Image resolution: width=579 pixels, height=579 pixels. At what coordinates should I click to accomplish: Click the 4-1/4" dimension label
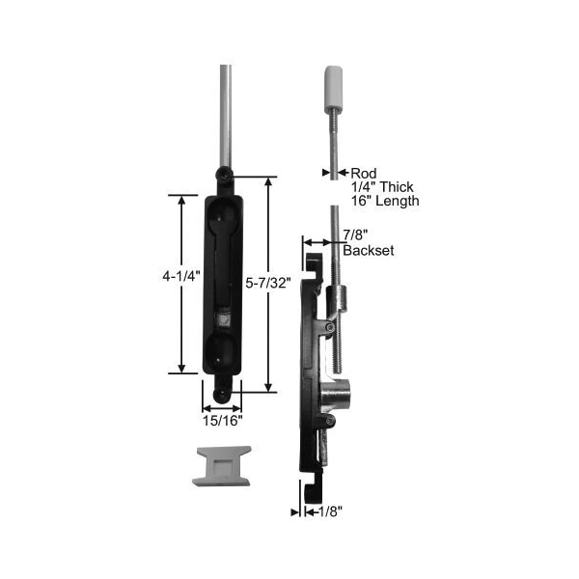tap(181, 276)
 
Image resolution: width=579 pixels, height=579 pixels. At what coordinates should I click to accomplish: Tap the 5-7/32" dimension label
tap(268, 283)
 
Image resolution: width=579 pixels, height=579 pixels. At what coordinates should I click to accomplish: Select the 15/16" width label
tap(222, 421)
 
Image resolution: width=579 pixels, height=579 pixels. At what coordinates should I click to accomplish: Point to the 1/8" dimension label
tap(330, 511)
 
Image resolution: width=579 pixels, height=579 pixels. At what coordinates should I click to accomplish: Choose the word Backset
tap(369, 250)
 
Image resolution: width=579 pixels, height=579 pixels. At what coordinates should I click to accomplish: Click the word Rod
tap(364, 173)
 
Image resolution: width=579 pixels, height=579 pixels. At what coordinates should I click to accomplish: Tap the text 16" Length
tap(385, 201)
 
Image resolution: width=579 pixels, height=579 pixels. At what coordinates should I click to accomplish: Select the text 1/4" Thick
tap(382, 187)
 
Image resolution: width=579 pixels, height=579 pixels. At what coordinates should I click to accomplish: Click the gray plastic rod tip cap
tap(333, 89)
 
